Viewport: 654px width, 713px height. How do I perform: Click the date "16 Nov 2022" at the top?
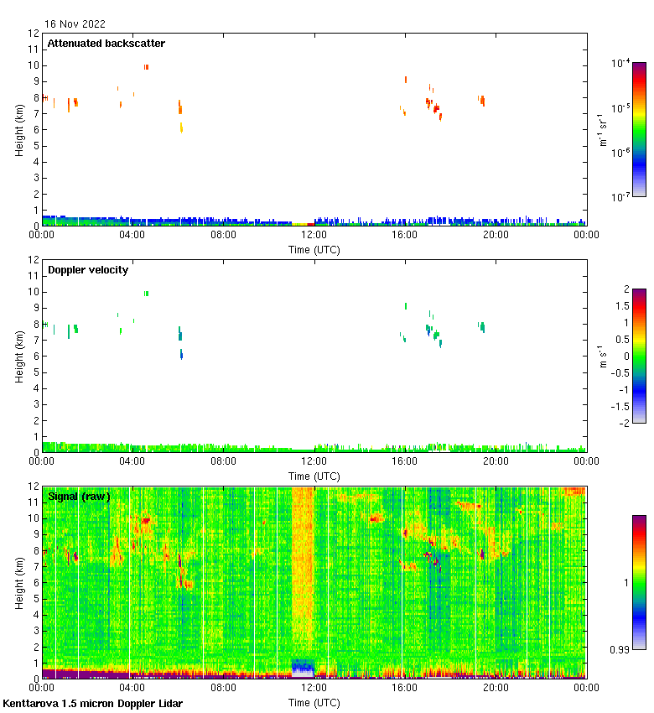click(75, 24)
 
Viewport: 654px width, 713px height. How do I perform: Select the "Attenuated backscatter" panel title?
click(106, 44)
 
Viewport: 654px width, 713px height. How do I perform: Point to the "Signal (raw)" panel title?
click(79, 497)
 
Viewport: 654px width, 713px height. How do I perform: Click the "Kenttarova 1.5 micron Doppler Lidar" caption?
click(92, 704)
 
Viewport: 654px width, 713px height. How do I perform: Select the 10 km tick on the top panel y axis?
click(34, 65)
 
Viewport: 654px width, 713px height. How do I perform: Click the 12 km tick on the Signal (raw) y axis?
click(34, 487)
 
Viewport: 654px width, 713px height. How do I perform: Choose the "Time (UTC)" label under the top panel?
click(314, 249)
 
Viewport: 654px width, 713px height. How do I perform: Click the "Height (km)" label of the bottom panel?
click(18, 582)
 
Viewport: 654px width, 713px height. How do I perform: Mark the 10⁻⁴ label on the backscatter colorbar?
click(620, 63)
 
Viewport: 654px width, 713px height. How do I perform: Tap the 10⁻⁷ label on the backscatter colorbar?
click(620, 198)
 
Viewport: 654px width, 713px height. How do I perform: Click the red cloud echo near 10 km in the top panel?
click(146, 67)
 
